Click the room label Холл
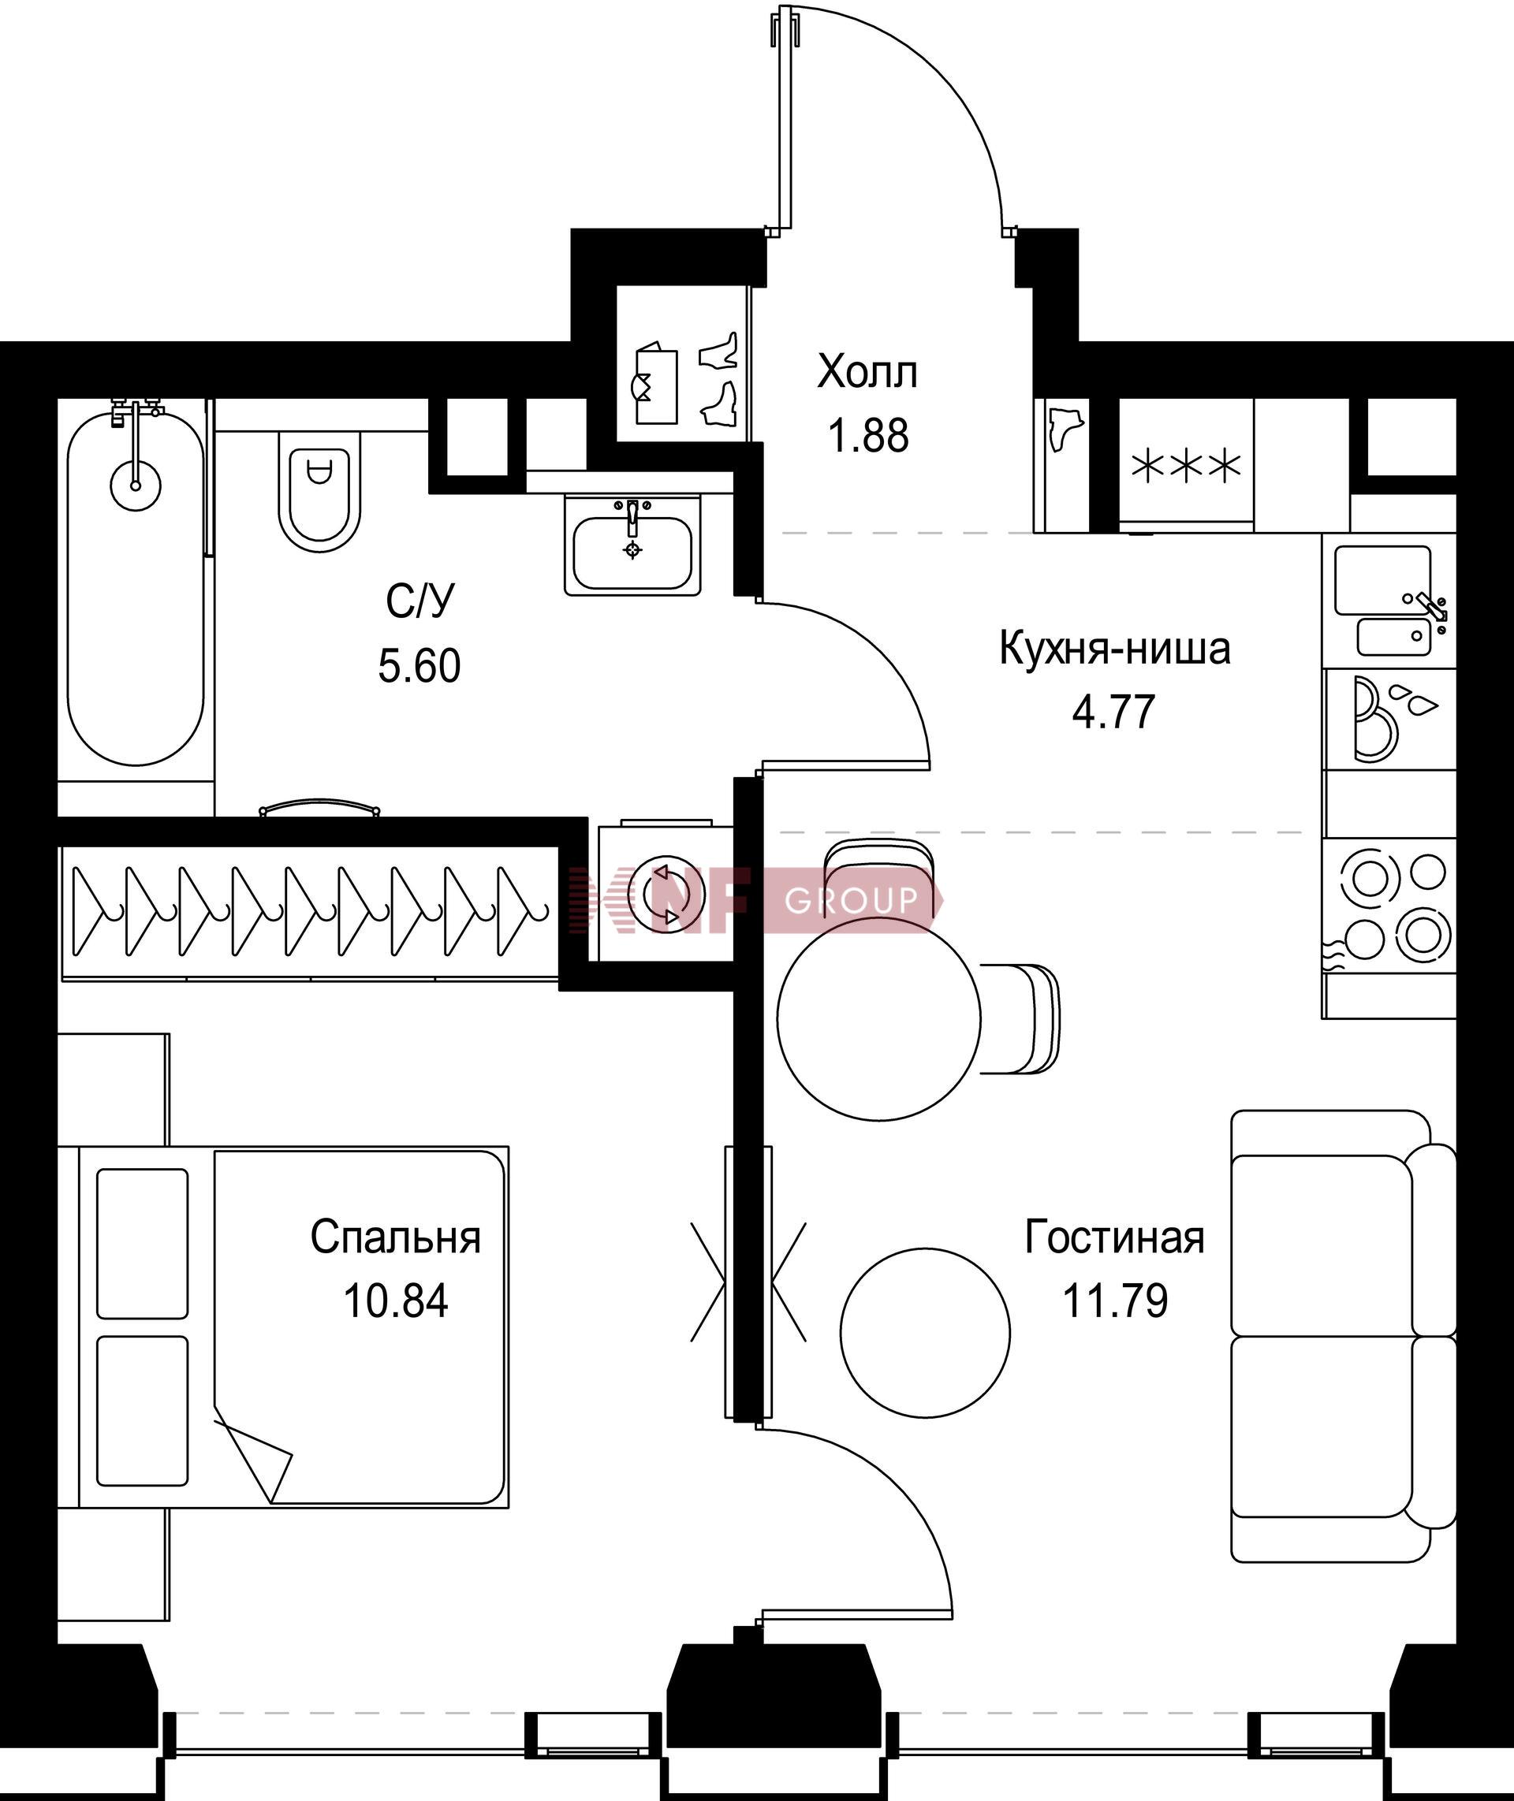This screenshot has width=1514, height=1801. (x=867, y=372)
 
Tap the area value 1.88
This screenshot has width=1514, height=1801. (x=867, y=435)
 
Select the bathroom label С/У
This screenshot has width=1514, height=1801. (x=420, y=601)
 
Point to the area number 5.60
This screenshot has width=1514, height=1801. (x=420, y=665)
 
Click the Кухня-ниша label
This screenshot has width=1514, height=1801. (x=1115, y=649)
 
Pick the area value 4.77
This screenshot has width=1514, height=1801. (x=1114, y=711)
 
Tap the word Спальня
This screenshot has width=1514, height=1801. (x=396, y=1238)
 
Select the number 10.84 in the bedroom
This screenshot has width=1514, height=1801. (x=396, y=1301)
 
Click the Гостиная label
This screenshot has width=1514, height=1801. (x=1115, y=1238)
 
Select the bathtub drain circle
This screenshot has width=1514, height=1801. (x=136, y=486)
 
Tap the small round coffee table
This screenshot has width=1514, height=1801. (x=925, y=1333)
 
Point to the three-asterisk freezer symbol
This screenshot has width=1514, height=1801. (x=1187, y=467)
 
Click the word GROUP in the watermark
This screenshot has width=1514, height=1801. (x=852, y=899)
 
